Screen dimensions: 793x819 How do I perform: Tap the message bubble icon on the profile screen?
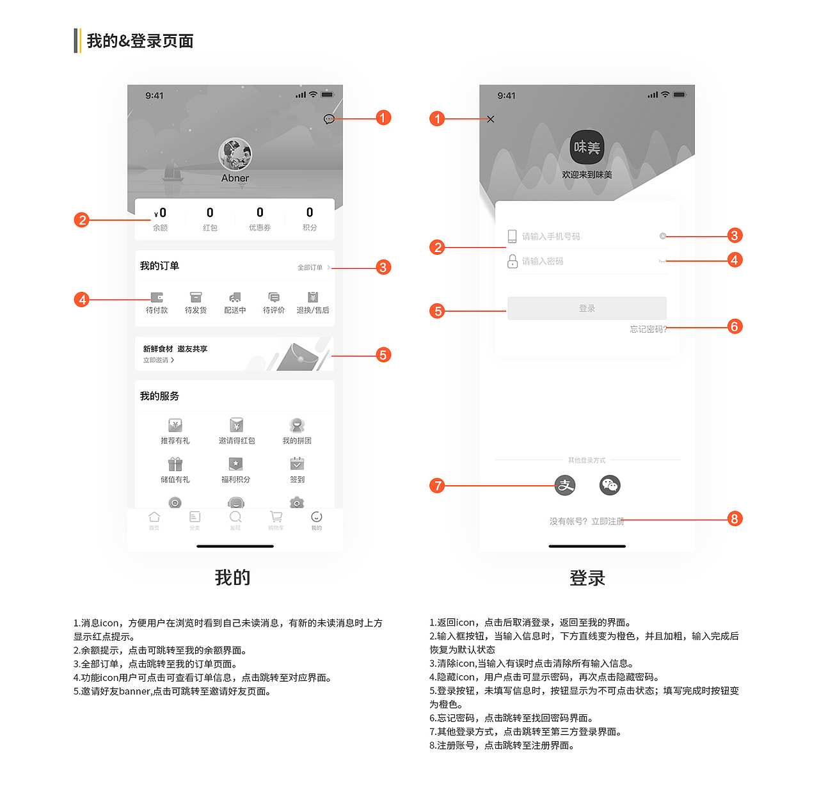[329, 119]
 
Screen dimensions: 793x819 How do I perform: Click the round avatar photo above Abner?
[235, 154]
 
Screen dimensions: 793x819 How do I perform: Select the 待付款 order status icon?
[157, 298]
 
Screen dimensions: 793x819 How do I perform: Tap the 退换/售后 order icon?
[313, 298]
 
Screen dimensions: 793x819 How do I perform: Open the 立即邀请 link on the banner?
[158, 360]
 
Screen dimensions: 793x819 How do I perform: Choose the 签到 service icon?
[297, 464]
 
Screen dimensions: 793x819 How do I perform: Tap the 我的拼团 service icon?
[297, 426]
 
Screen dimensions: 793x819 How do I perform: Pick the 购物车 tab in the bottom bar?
[276, 517]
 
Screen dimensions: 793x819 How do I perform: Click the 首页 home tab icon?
[154, 517]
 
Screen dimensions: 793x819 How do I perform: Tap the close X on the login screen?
[491, 119]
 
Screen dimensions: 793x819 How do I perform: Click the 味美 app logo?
[587, 147]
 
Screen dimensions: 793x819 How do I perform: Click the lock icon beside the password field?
[513, 261]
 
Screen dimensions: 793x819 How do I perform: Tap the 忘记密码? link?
[648, 329]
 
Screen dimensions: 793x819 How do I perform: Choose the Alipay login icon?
[565, 485]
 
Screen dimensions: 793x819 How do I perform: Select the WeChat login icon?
[610, 485]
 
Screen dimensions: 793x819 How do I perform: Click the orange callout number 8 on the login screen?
[735, 518]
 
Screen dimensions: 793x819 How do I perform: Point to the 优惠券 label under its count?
[260, 228]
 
